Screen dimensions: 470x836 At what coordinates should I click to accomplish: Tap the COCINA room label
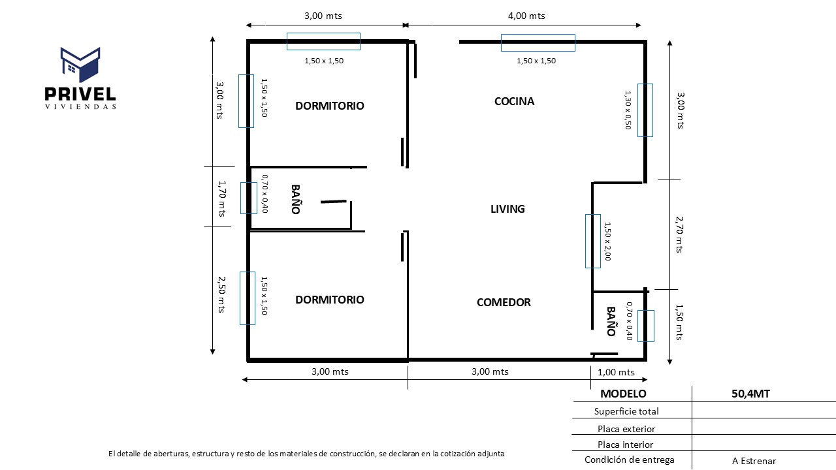514,101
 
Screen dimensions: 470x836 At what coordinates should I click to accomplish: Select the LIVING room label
507,209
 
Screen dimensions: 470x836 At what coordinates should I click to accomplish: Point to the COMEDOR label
504,302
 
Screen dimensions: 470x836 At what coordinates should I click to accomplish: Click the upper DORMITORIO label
330,106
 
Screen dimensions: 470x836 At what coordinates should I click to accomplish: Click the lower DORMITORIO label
330,300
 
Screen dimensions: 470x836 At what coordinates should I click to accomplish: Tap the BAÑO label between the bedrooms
295,200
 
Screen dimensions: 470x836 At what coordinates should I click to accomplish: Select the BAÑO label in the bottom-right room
611,321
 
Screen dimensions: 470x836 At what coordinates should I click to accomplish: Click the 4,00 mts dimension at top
527,16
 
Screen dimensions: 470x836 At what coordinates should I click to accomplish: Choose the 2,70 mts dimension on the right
679,235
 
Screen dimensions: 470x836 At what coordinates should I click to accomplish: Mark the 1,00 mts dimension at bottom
616,372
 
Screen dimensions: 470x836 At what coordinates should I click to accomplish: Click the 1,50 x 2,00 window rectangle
592,241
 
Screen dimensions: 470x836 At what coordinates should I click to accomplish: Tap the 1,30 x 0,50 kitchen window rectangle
645,110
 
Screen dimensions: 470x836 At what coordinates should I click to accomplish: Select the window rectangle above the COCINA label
538,42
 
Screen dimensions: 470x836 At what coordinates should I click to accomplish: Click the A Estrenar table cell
754,461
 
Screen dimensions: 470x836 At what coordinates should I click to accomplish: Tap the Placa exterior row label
626,429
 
